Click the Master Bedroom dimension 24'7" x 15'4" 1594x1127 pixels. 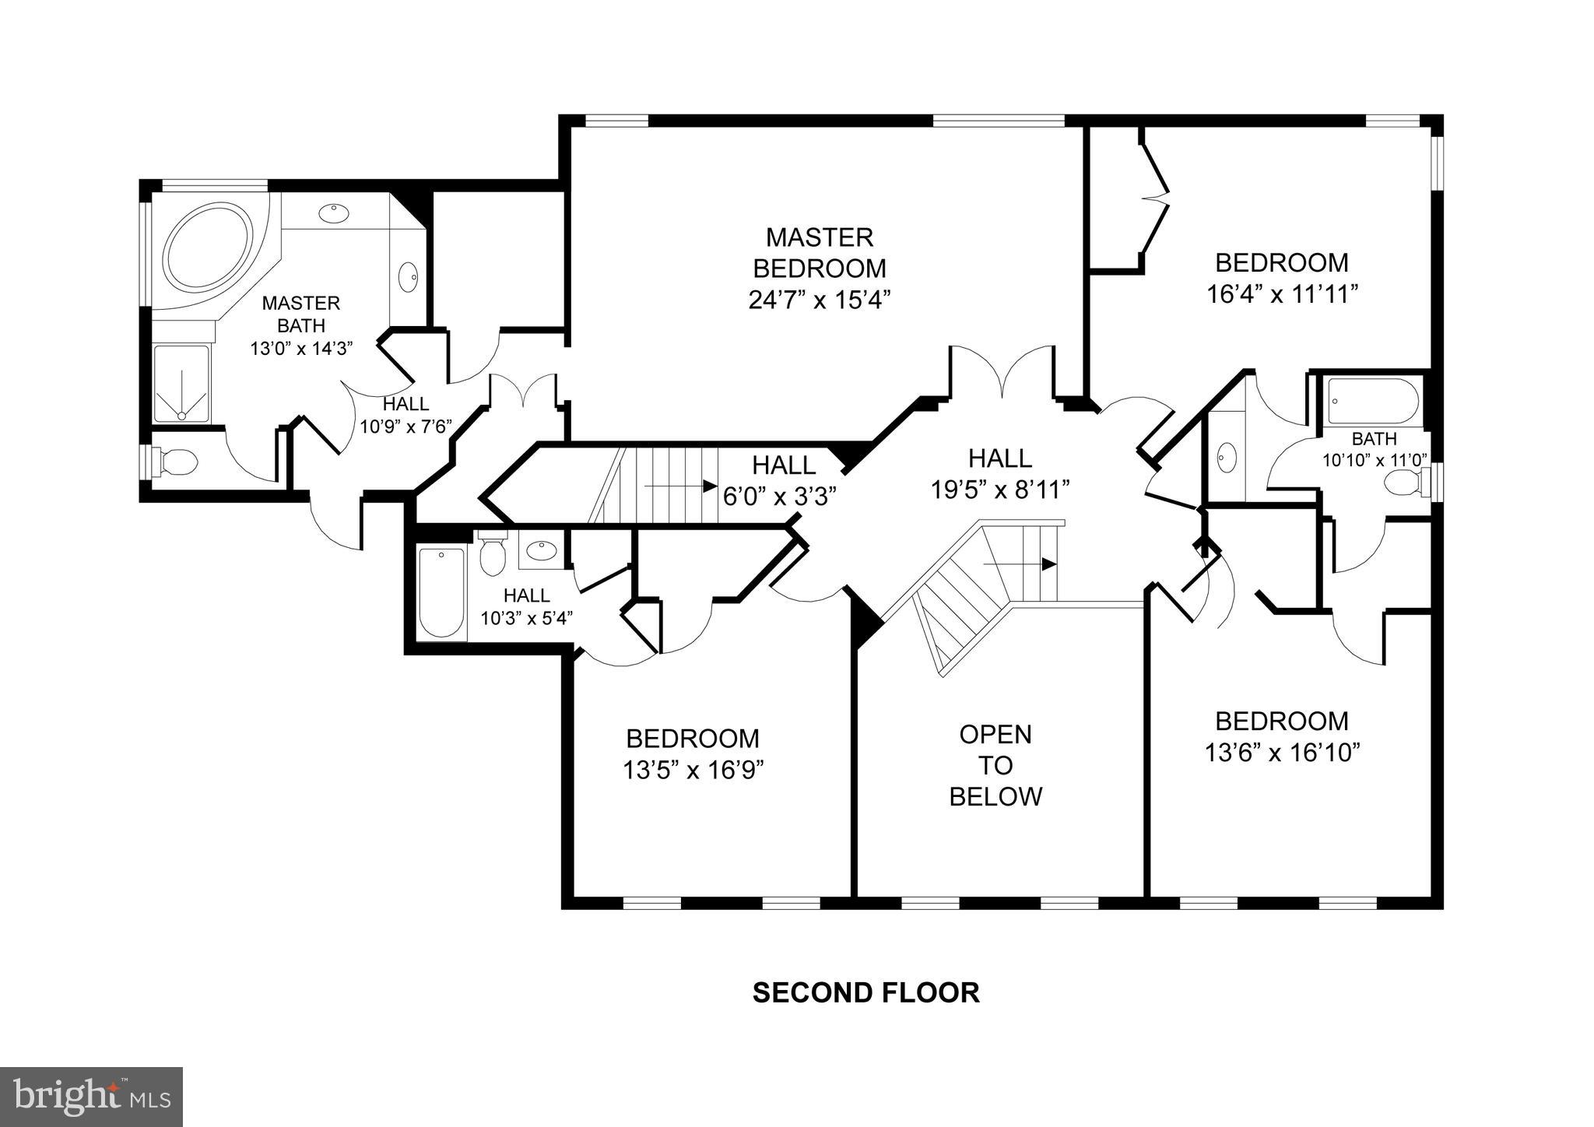click(x=819, y=300)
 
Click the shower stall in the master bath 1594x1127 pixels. click(x=181, y=384)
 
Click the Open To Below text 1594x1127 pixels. click(x=995, y=765)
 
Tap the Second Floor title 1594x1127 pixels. click(x=865, y=992)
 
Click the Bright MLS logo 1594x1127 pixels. click(x=92, y=1097)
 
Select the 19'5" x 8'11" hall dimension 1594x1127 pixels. click(x=1000, y=490)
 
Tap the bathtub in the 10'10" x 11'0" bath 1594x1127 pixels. click(x=1373, y=402)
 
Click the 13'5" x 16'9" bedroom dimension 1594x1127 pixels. click(x=693, y=770)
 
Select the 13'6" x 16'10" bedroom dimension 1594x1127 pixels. click(x=1282, y=753)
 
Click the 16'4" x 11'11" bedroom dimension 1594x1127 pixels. click(x=1282, y=294)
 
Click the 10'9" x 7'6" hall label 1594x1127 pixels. click(x=406, y=426)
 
